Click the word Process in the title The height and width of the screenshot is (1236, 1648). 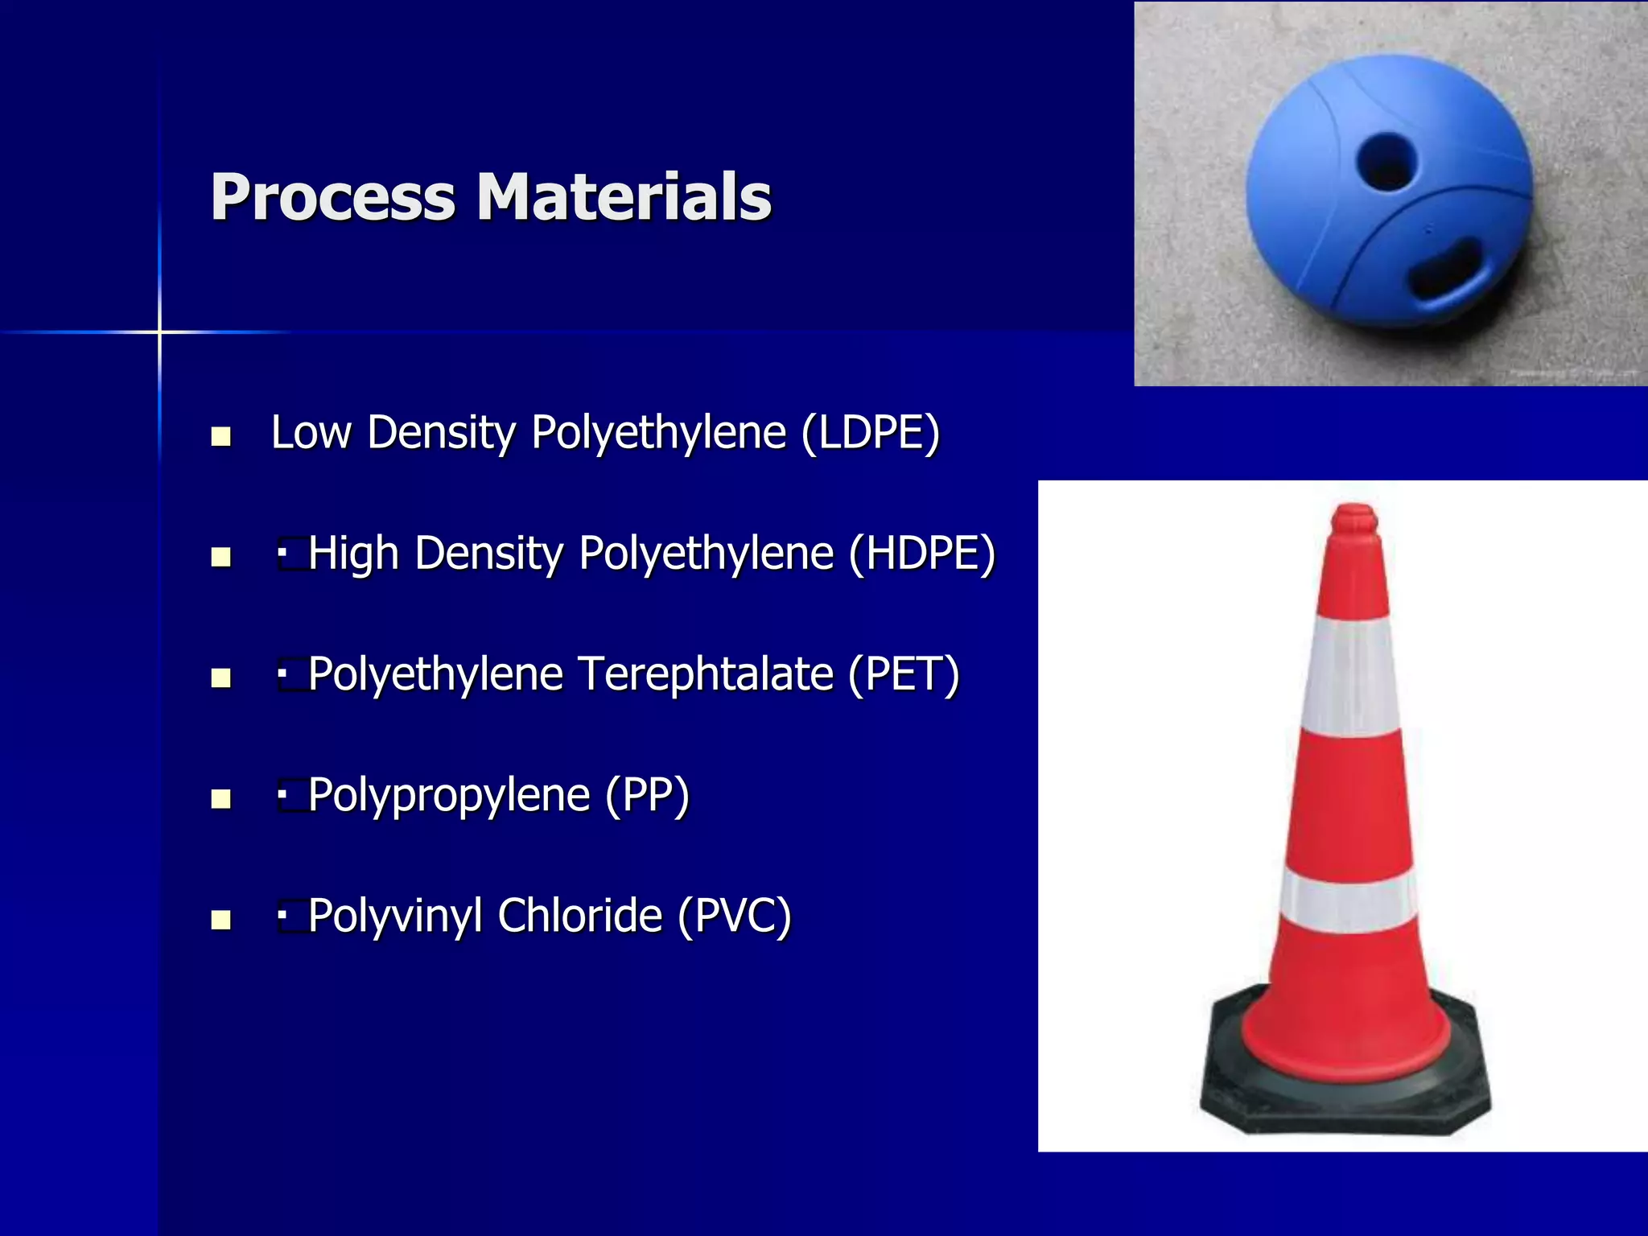[332, 197]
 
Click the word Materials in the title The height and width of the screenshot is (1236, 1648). [624, 197]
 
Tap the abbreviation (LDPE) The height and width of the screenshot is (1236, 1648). [871, 433]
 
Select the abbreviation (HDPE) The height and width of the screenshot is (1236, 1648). [922, 554]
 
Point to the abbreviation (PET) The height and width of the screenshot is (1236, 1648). [904, 675]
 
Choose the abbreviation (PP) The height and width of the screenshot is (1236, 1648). [647, 796]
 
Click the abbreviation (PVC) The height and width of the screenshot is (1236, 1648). [734, 917]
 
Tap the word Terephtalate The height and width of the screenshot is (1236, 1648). [706, 674]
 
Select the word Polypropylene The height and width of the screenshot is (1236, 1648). [449, 797]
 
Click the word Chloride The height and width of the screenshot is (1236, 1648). [579, 916]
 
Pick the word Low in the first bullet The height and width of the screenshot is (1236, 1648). [311, 433]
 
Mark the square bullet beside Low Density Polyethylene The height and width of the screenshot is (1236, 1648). [220, 437]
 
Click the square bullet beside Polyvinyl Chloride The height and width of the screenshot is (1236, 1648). [220, 920]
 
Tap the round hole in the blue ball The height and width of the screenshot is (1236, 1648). [1386, 160]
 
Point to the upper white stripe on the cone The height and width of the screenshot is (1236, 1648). [1351, 676]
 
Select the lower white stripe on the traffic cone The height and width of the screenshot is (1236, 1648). [1349, 901]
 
